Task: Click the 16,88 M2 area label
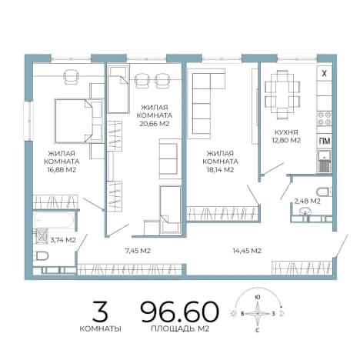(62, 170)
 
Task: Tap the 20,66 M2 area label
(155, 124)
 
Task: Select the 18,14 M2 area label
(220, 170)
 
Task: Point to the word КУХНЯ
(286, 132)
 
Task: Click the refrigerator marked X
(325, 74)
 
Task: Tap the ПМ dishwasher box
(325, 141)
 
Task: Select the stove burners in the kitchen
(325, 118)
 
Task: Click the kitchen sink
(325, 162)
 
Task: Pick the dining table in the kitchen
(282, 95)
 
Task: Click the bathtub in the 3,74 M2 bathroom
(54, 220)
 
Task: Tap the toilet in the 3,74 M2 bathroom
(42, 255)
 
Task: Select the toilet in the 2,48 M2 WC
(324, 192)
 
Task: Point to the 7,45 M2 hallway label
(138, 251)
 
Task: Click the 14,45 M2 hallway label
(247, 251)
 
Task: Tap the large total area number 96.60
(180, 312)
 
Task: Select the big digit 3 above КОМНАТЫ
(100, 312)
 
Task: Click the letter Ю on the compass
(258, 297)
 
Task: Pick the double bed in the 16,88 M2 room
(78, 121)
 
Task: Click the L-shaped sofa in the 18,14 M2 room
(207, 102)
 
